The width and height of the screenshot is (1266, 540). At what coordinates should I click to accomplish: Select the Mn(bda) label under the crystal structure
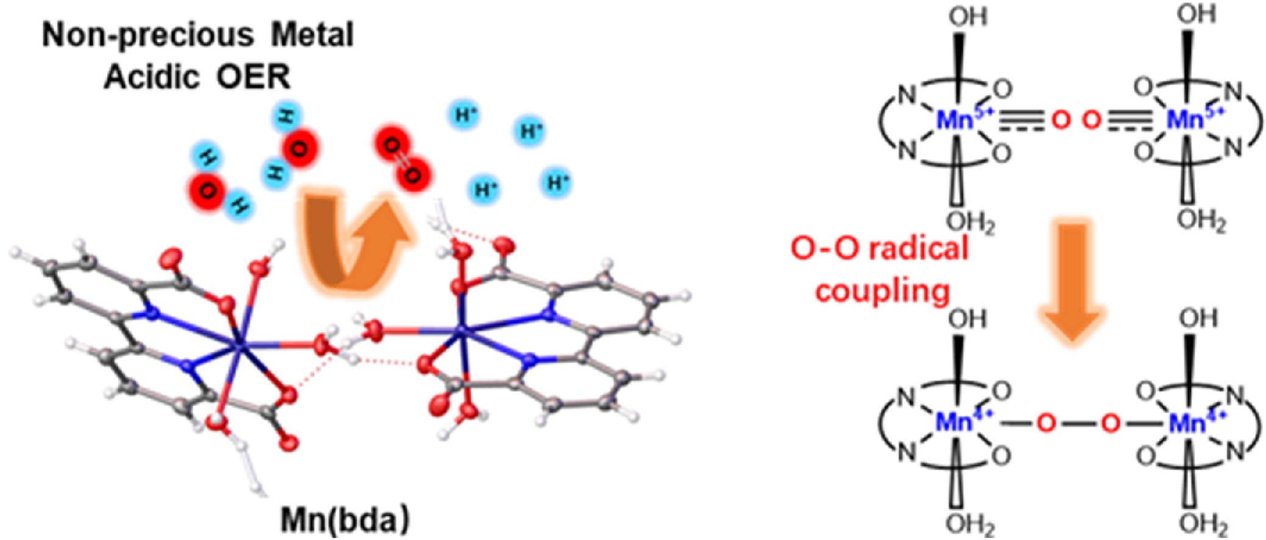[x=346, y=520]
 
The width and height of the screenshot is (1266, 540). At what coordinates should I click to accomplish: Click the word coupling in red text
[x=883, y=291]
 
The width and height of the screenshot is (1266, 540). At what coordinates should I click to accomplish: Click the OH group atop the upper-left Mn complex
[x=967, y=16]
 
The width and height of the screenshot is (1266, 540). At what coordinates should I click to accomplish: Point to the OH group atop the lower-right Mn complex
[x=1198, y=318]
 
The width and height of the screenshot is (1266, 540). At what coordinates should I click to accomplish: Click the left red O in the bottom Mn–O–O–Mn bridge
[x=1046, y=422]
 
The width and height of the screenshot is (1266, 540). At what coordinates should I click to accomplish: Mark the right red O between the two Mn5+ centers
[x=1092, y=120]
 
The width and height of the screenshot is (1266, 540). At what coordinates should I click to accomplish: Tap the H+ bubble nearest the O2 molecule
[x=466, y=115]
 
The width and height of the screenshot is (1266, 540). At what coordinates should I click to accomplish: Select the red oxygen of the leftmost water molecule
[x=207, y=191]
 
